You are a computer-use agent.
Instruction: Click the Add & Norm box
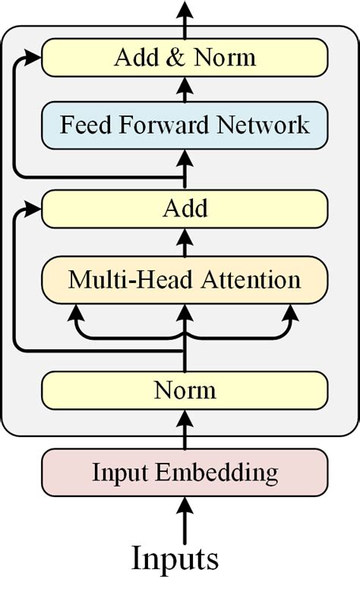185,58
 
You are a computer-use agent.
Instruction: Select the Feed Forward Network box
185,124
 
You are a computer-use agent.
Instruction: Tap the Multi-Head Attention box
185,280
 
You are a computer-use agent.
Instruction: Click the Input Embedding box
185,474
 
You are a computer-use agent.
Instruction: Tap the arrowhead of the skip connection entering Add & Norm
33,56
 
